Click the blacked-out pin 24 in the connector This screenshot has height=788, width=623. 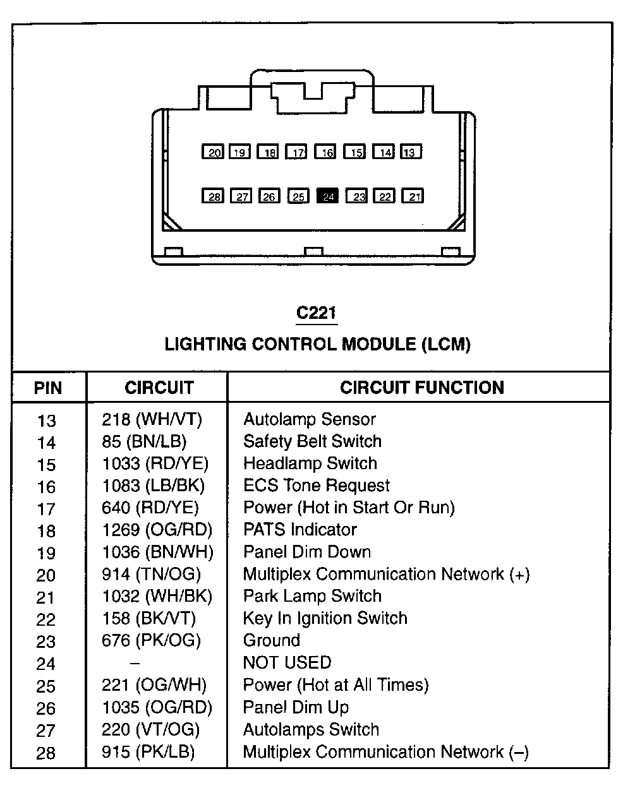pos(328,196)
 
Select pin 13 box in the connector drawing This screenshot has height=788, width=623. pos(411,152)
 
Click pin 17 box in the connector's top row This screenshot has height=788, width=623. pos(296,152)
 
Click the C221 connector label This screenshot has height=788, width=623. pos(317,313)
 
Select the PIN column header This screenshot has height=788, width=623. pos(48,388)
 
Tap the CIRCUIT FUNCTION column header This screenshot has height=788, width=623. pos(422,388)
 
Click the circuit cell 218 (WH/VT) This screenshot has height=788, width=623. pos(152,420)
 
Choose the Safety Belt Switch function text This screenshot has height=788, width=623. pos(312,441)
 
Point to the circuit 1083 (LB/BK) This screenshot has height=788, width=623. pos(154,486)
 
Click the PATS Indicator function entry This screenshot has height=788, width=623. pos(300,530)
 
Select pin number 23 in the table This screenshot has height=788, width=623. pos(46,642)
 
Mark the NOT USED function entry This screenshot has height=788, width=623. pos(287,662)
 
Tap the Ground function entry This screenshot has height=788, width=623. pos(272,640)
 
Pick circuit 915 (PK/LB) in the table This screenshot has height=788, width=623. pos(148,752)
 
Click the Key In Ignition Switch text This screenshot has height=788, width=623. pos(325,618)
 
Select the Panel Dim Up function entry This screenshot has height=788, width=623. pos(296,707)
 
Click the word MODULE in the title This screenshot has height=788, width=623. pos(377,344)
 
